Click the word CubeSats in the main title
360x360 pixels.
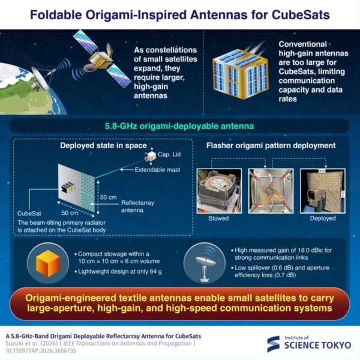301,15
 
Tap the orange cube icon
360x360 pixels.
48,263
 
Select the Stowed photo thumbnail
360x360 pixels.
219,191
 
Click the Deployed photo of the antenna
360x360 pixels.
323,191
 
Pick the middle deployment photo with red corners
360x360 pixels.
271,191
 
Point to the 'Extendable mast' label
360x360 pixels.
157,170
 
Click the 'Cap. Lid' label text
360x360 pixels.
169,154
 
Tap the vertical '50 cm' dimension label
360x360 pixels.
109,197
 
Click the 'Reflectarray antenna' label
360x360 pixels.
137,206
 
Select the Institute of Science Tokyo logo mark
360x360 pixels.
273,344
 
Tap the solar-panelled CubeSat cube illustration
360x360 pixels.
240,74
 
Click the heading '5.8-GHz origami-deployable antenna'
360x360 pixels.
179,126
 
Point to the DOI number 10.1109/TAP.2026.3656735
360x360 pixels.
40,351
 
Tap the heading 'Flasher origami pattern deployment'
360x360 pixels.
271,146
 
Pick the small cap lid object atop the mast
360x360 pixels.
151,157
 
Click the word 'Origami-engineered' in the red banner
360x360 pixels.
70,298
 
